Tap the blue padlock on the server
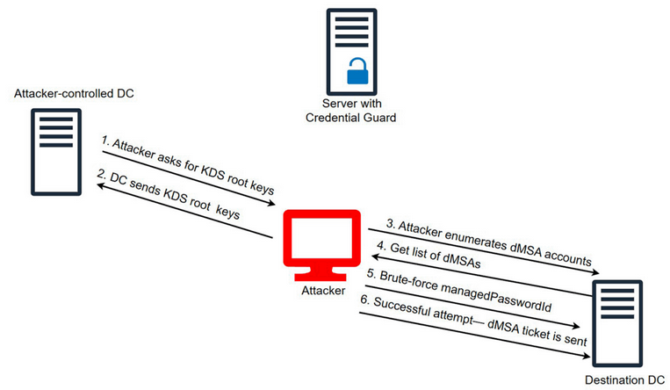[357, 72]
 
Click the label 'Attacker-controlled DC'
[73, 93]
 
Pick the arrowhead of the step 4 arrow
[371, 256]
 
